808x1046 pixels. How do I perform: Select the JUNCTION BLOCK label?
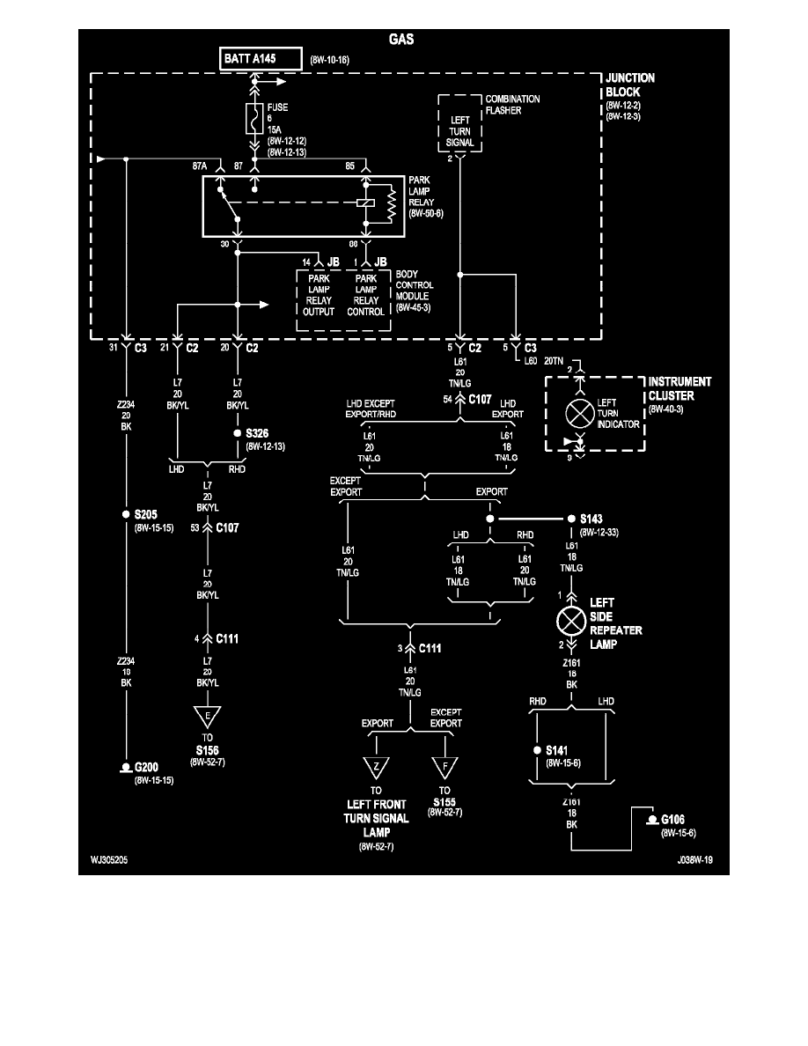tap(629, 85)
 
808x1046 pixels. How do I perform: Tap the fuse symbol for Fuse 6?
tap(255, 118)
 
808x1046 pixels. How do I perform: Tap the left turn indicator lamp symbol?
tap(579, 415)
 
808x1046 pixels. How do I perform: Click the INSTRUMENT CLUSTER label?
tap(679, 389)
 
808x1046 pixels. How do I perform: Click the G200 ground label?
tap(148, 768)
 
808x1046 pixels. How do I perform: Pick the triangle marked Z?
tap(376, 767)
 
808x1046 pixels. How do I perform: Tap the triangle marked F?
tap(445, 767)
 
